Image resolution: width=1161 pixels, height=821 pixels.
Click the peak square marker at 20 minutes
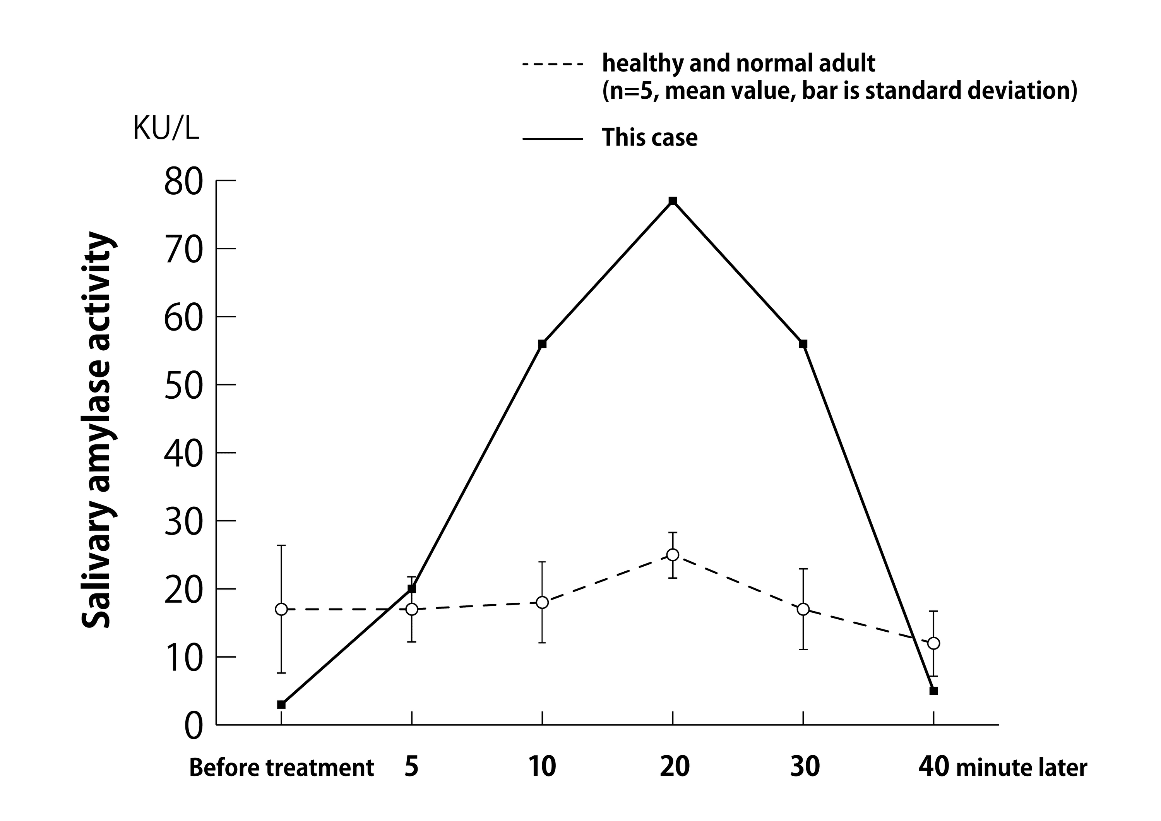coord(673,201)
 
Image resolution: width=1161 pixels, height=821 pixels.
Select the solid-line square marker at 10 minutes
coord(542,344)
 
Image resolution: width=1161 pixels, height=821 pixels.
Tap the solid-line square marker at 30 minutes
coord(803,344)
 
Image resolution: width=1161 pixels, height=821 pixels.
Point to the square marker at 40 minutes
coord(933,691)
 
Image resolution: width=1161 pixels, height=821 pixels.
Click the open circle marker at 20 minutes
coord(673,555)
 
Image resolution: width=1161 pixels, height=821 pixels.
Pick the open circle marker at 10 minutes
coord(542,602)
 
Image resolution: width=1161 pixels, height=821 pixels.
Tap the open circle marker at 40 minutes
coord(933,643)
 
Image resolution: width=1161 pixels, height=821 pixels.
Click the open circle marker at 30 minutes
coord(803,610)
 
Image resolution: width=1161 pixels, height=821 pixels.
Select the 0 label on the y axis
coord(193,727)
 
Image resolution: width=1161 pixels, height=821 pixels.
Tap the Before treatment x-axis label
coord(281,768)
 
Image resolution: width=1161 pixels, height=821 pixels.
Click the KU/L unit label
coord(166,129)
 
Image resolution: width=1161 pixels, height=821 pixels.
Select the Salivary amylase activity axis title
coord(97,430)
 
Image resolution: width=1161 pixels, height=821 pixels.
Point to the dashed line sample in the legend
coord(552,64)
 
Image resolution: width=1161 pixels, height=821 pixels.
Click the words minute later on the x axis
coord(1021,768)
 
